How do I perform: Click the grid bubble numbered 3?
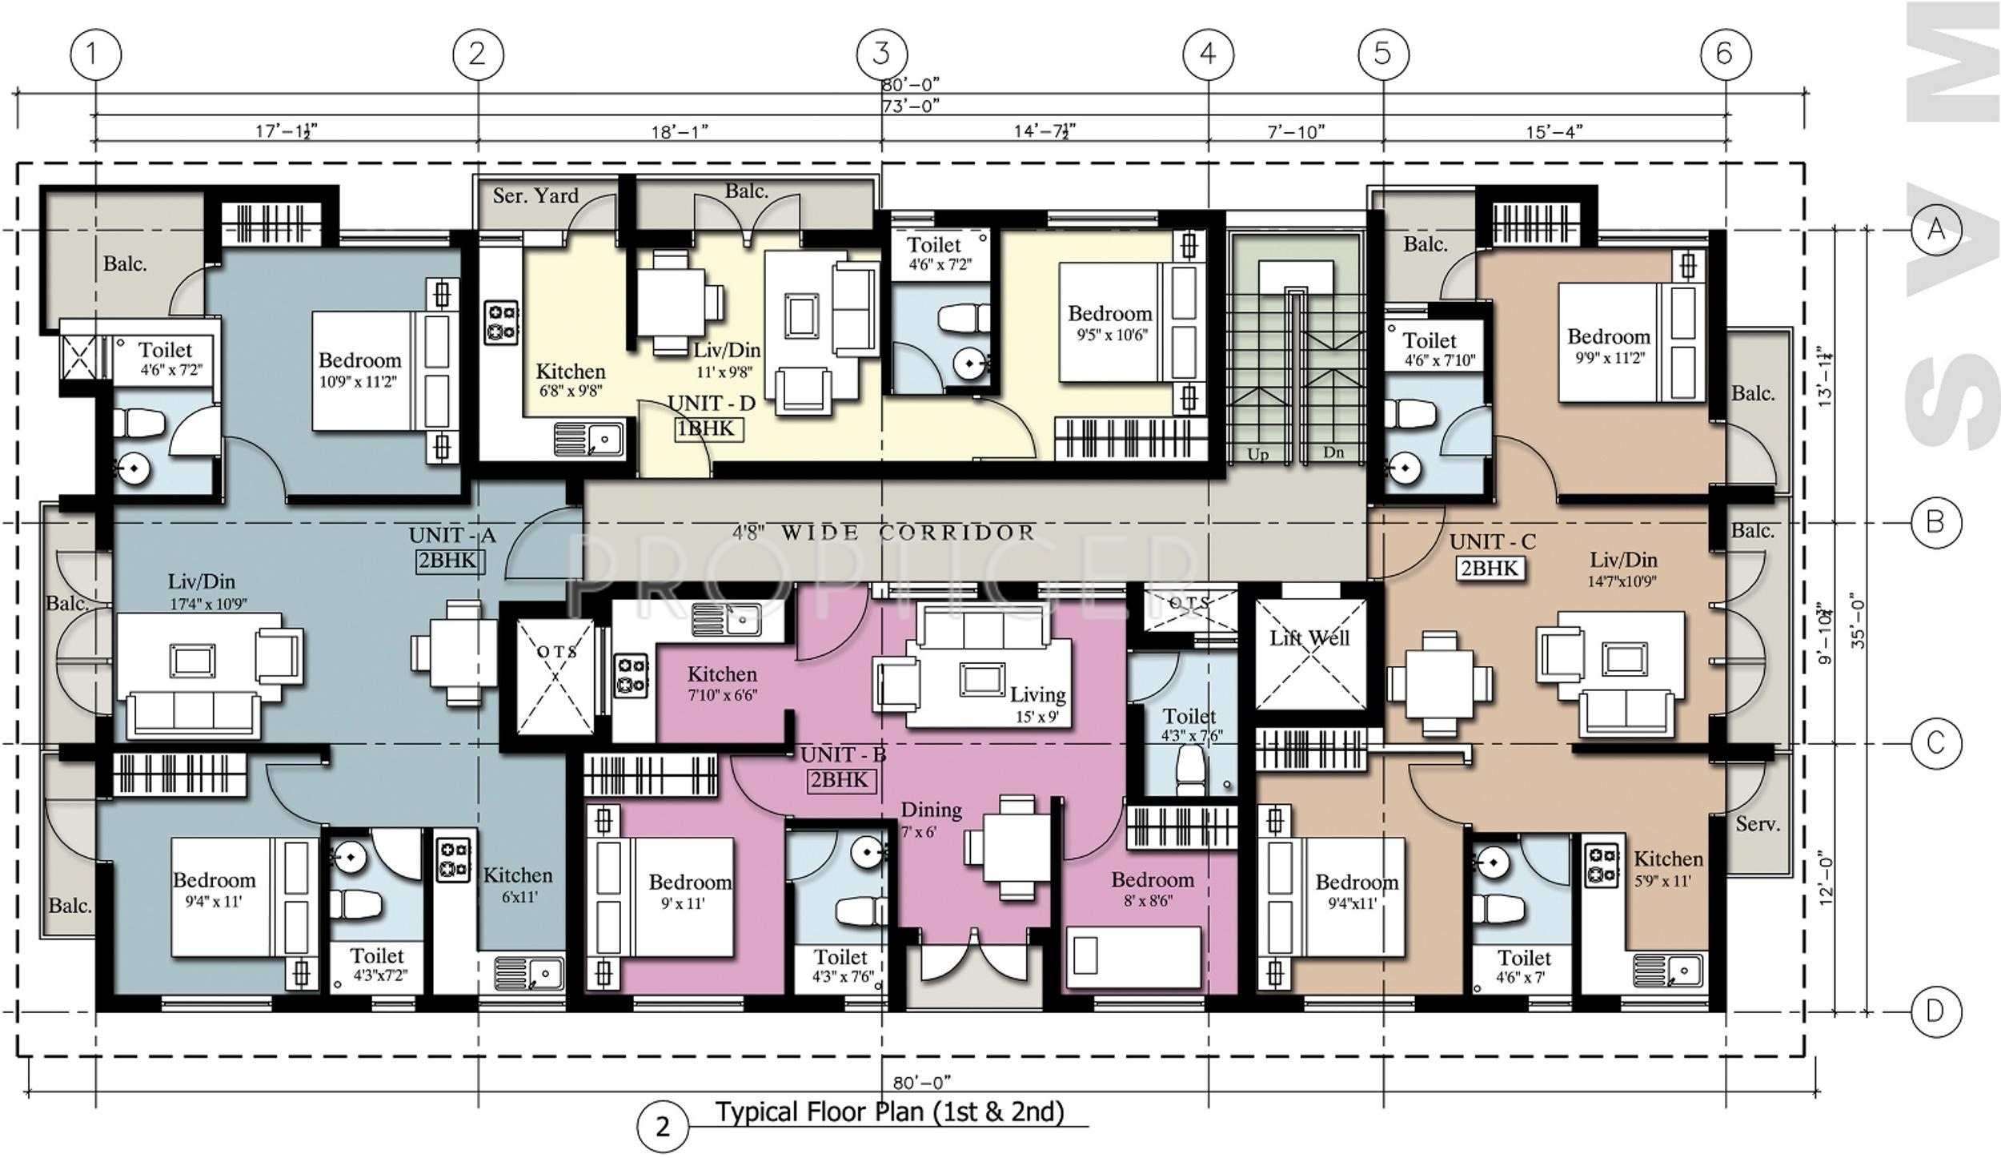click(x=881, y=54)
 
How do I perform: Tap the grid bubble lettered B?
click(x=1935, y=523)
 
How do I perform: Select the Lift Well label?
click(x=1309, y=638)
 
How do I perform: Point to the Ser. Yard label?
click(x=535, y=195)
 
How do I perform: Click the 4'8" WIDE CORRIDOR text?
click(x=884, y=532)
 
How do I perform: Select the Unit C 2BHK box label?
click(x=1490, y=568)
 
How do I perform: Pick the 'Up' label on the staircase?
click(x=1257, y=455)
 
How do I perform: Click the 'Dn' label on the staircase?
click(x=1333, y=452)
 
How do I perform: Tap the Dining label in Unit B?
click(x=931, y=810)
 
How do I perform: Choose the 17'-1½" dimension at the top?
click(x=286, y=131)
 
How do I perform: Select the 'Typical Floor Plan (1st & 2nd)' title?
click(x=889, y=1112)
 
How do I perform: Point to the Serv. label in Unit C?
click(x=1758, y=824)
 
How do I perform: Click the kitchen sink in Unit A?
click(x=529, y=974)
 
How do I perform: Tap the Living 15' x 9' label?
click(x=1037, y=704)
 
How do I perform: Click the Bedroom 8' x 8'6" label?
click(x=1152, y=889)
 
